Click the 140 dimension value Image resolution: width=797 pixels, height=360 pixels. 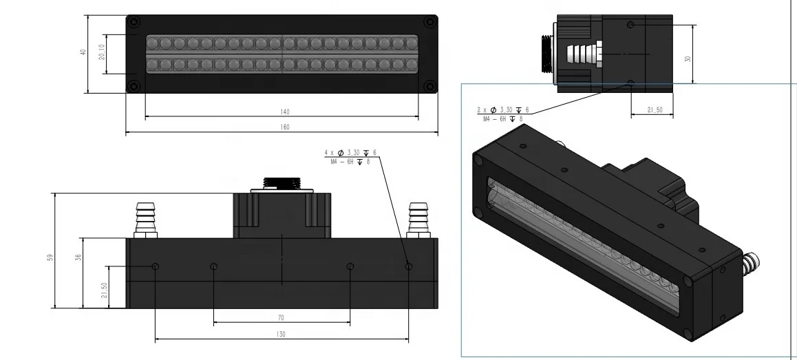285,112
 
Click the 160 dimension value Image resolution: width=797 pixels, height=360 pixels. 285,127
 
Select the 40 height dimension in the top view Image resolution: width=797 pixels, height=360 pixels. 83,52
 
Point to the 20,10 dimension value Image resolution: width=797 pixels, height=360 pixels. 102,53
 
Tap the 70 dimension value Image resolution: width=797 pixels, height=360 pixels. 281,318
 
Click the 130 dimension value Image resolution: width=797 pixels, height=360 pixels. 281,334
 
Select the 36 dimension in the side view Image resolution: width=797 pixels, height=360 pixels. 78,257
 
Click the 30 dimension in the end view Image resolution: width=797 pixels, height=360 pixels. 687,59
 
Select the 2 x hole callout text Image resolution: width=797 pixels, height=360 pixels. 503,114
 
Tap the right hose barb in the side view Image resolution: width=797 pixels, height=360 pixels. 417,219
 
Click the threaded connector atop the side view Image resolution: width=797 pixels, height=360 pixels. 282,183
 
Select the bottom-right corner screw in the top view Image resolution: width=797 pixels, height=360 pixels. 429,85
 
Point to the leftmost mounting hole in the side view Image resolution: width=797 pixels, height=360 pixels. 156,266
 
